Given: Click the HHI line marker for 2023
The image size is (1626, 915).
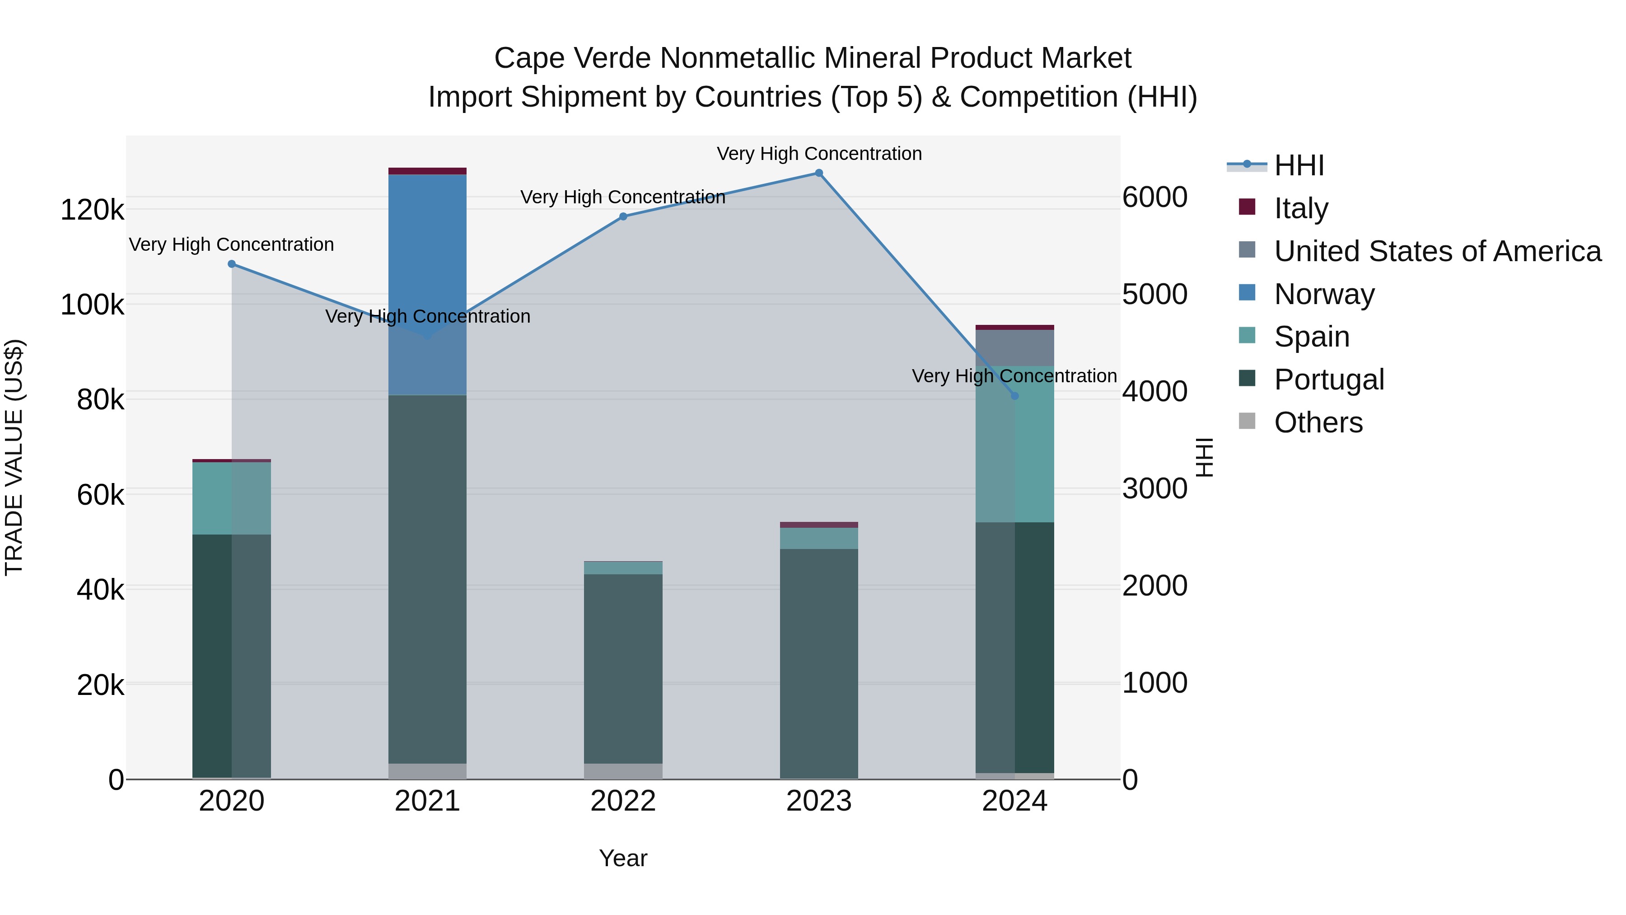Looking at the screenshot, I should [819, 173].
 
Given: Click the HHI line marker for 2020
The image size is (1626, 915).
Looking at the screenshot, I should [232, 264].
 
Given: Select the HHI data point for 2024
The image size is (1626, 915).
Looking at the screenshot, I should [1014, 396].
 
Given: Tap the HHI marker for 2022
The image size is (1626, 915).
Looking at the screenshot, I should [623, 216].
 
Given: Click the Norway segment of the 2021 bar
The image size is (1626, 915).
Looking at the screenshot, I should [427, 284].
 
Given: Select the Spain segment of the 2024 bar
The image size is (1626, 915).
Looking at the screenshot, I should [1014, 444].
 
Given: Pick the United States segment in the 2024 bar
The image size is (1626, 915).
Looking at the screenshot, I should [1014, 348].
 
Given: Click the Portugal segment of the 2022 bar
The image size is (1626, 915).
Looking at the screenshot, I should [623, 669].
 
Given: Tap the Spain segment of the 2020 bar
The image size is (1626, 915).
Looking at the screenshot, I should [232, 498].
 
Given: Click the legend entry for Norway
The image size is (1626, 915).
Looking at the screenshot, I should [1324, 294].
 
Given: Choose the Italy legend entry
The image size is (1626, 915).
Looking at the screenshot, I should [1301, 208].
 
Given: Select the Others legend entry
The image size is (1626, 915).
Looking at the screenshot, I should [1318, 422].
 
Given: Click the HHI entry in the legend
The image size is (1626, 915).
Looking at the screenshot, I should [1299, 165].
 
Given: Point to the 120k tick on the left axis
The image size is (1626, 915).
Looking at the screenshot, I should [92, 210].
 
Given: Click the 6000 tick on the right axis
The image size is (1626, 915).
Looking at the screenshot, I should [1154, 197].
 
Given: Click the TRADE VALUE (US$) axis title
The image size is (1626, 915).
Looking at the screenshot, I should [14, 458].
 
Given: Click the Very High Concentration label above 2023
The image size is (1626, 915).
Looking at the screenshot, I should [819, 154].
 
